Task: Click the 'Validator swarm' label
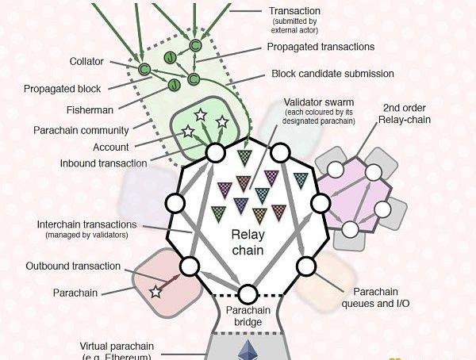click(x=318, y=103)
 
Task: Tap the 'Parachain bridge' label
click(x=249, y=316)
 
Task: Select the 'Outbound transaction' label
click(x=73, y=266)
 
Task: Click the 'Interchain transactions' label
click(x=86, y=224)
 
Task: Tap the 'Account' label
click(x=111, y=147)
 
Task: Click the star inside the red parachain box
click(x=155, y=293)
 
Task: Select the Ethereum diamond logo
click(x=244, y=350)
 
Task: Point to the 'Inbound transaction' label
click(x=103, y=163)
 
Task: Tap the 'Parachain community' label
click(x=82, y=130)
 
